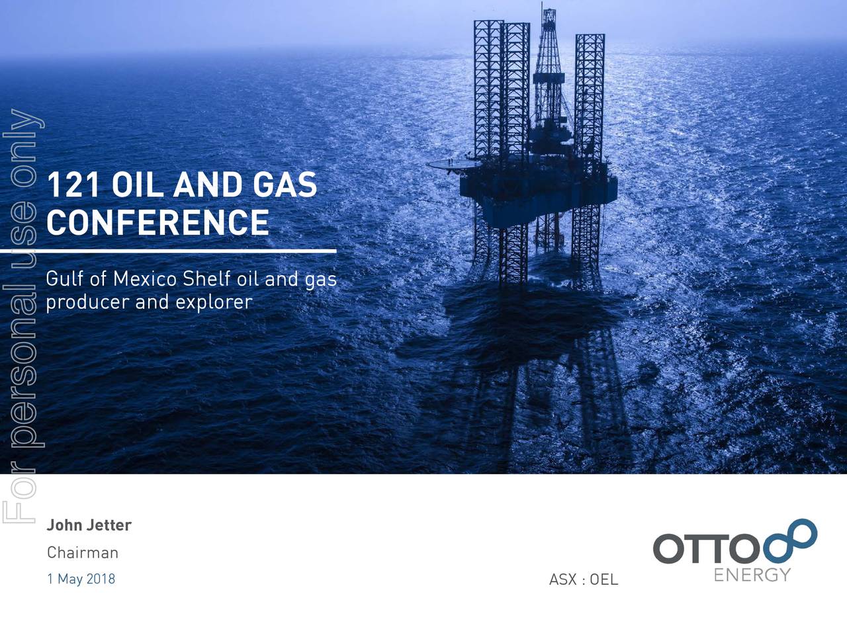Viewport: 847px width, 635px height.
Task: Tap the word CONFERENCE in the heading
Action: point(157,222)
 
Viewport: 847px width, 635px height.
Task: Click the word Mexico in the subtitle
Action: point(144,279)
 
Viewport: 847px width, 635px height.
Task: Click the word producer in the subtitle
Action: point(87,302)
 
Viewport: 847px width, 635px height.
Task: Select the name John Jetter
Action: point(89,525)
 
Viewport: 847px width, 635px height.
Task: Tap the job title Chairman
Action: point(82,552)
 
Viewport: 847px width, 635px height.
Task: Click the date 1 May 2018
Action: point(81,579)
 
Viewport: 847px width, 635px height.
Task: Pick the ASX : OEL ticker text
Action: point(583,579)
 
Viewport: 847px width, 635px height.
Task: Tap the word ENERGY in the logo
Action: point(752,575)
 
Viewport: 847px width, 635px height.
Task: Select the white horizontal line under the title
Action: point(168,251)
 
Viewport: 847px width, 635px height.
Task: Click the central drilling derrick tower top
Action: point(548,20)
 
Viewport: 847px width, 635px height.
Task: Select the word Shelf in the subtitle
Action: point(206,279)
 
